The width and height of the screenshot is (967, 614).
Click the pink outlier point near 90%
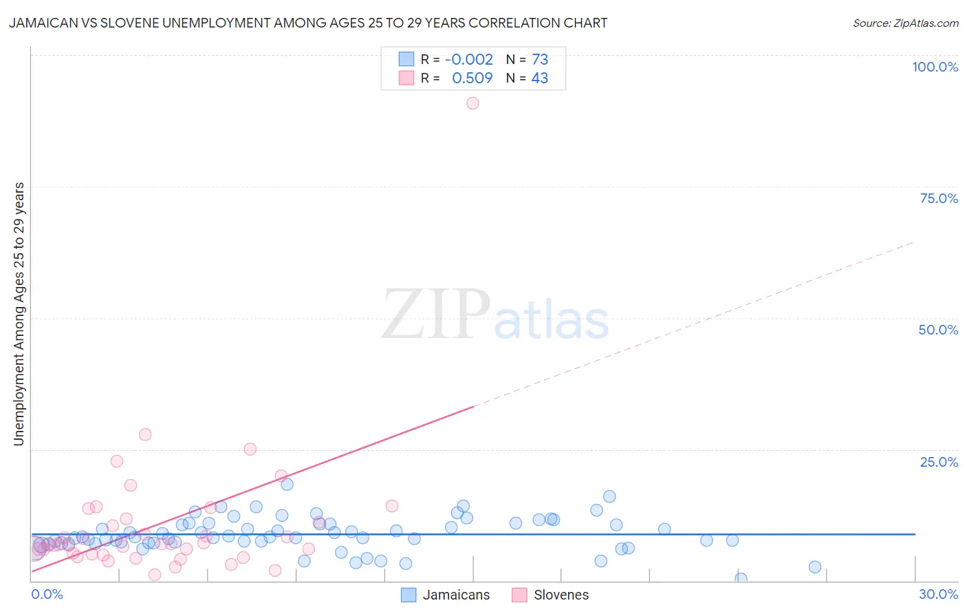(472, 103)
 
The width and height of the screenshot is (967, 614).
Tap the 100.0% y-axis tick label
(935, 67)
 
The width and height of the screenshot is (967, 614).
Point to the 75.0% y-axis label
(939, 198)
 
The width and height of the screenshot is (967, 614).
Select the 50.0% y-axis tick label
(938, 330)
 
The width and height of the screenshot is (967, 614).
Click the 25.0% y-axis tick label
(939, 462)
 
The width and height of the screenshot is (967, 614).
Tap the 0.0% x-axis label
(47, 594)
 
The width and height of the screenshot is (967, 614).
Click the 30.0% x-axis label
(938, 594)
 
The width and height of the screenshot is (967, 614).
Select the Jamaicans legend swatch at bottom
(409, 595)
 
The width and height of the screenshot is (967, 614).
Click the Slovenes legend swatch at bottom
(519, 595)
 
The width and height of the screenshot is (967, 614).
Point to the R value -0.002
(468, 59)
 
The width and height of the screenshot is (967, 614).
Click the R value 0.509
(472, 78)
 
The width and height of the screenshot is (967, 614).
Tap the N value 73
(540, 59)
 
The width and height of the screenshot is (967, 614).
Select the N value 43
(540, 78)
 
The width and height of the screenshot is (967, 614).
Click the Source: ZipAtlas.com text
(905, 23)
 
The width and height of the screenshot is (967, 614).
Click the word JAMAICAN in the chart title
(43, 23)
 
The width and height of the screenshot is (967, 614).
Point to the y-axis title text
(19, 313)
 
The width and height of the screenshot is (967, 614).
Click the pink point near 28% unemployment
(145, 434)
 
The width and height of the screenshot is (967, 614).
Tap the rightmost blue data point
(815, 567)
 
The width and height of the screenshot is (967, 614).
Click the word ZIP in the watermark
(436, 315)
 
